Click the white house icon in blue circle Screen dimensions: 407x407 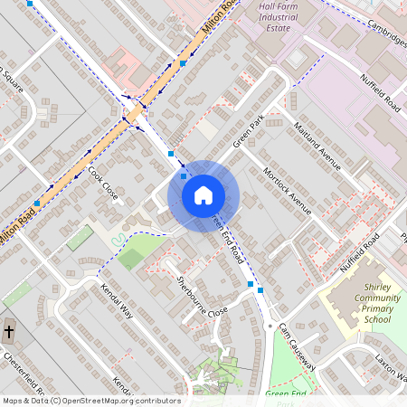(x=203, y=194)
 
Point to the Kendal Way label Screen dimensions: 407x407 (x=118, y=300)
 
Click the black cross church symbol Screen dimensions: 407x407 (x=9, y=332)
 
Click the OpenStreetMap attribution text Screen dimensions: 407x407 (x=90, y=401)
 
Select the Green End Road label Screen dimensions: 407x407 (x=228, y=238)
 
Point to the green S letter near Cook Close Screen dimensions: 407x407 (x=118, y=237)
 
